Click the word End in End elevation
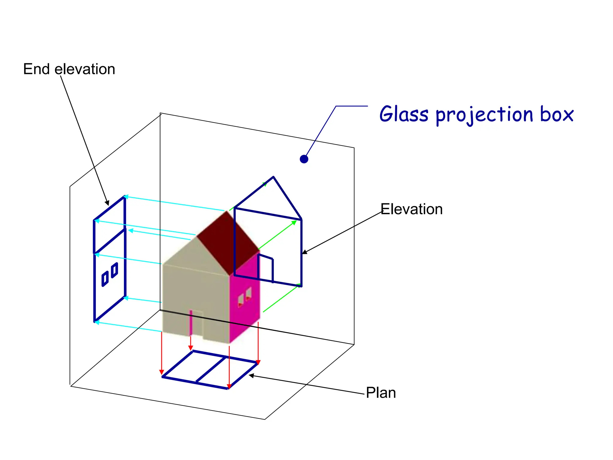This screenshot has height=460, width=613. click(36, 69)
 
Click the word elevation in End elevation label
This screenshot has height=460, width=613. click(85, 69)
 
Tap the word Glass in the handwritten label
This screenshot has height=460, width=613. click(404, 114)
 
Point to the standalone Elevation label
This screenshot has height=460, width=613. click(412, 209)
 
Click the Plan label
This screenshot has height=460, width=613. click(381, 393)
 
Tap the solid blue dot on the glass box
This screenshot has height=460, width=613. click(304, 159)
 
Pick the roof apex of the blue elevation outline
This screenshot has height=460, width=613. click(273, 177)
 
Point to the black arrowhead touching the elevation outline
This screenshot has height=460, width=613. click(304, 252)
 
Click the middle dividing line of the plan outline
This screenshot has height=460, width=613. click(211, 370)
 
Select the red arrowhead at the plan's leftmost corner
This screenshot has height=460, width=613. click(162, 372)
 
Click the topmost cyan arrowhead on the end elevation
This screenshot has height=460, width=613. click(126, 197)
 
